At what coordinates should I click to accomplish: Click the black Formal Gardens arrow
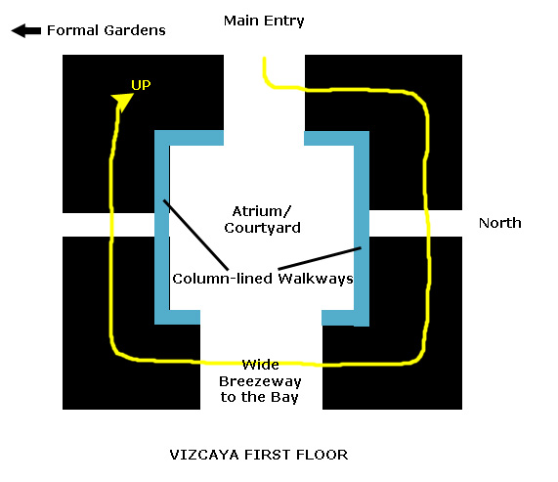click(x=26, y=30)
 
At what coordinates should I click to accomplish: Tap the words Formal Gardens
click(x=107, y=30)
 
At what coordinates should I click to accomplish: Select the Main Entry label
click(x=264, y=21)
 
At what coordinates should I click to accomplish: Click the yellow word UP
click(x=141, y=85)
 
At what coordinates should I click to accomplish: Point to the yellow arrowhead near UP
click(x=122, y=101)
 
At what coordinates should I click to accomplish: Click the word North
click(x=500, y=223)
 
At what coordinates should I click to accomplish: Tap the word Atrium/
click(x=262, y=211)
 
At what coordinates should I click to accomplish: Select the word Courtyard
click(x=262, y=228)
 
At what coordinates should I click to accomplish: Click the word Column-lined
click(x=223, y=279)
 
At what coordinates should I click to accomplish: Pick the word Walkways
click(x=316, y=279)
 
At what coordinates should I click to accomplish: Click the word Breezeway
click(x=260, y=381)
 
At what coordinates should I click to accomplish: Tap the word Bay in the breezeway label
click(x=284, y=397)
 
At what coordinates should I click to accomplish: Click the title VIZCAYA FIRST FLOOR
click(x=259, y=455)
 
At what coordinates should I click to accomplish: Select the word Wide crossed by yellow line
click(x=261, y=365)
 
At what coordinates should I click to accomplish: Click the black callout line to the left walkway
click(x=195, y=235)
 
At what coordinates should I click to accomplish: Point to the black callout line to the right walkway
click(x=320, y=258)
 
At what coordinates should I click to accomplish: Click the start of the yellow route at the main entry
click(x=264, y=58)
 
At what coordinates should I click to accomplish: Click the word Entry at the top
click(x=284, y=21)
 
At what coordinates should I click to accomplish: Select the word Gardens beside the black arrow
click(x=135, y=30)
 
